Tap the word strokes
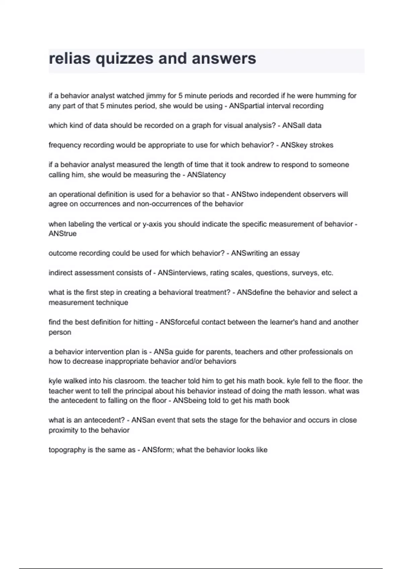pyautogui.click(x=321, y=145)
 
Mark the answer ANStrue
pyautogui.click(x=63, y=234)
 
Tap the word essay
pyautogui.click(x=290, y=253)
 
